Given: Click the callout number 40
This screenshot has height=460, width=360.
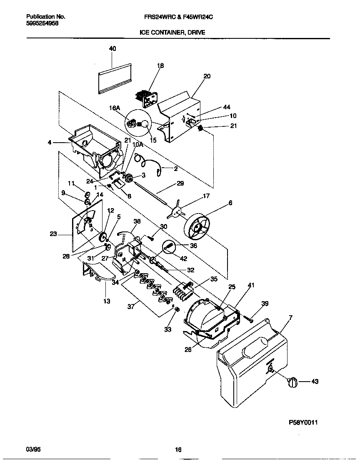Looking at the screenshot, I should [x=112, y=48].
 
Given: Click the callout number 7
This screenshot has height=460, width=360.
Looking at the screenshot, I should [x=290, y=318].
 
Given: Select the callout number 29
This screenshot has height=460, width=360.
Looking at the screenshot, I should [x=180, y=183].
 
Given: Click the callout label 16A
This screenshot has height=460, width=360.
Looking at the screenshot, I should [x=115, y=108].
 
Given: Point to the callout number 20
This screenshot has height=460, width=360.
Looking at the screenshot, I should [x=207, y=76].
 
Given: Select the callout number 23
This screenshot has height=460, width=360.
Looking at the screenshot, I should [x=53, y=234].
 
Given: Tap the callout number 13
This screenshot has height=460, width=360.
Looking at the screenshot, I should [x=107, y=301].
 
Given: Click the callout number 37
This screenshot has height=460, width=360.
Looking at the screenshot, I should [x=130, y=307].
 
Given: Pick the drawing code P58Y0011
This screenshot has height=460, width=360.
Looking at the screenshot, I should [x=303, y=422].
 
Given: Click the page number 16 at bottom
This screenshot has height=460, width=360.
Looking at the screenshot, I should [x=178, y=450].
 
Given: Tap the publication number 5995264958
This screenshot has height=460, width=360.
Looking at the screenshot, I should [x=42, y=23].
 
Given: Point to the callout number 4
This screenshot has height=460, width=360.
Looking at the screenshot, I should [x=50, y=143].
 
